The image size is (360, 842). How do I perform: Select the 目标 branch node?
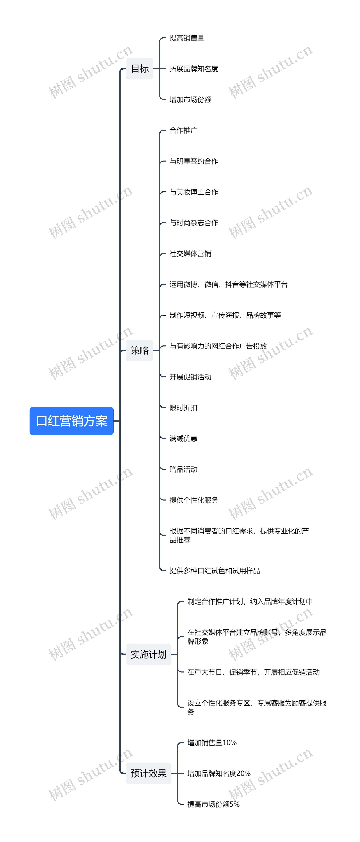(140, 69)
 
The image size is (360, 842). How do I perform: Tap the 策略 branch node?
(140, 350)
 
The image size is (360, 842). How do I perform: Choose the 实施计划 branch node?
(148, 654)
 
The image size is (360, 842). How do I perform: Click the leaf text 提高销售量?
(187, 38)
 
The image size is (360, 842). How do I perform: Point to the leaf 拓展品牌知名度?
(193, 69)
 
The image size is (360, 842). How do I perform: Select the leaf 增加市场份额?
(190, 99)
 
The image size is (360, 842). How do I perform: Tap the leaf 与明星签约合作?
(193, 161)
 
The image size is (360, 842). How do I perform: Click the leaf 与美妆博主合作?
(193, 192)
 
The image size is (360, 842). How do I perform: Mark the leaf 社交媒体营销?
(190, 254)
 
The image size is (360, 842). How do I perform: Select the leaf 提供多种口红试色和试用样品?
(214, 571)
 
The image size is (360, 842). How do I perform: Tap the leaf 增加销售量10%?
(212, 743)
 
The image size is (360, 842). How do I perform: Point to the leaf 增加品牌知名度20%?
(219, 773)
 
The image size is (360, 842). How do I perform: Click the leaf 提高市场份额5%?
(213, 804)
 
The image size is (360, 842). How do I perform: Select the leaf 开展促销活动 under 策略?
(190, 377)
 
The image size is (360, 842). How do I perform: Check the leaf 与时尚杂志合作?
(193, 223)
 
